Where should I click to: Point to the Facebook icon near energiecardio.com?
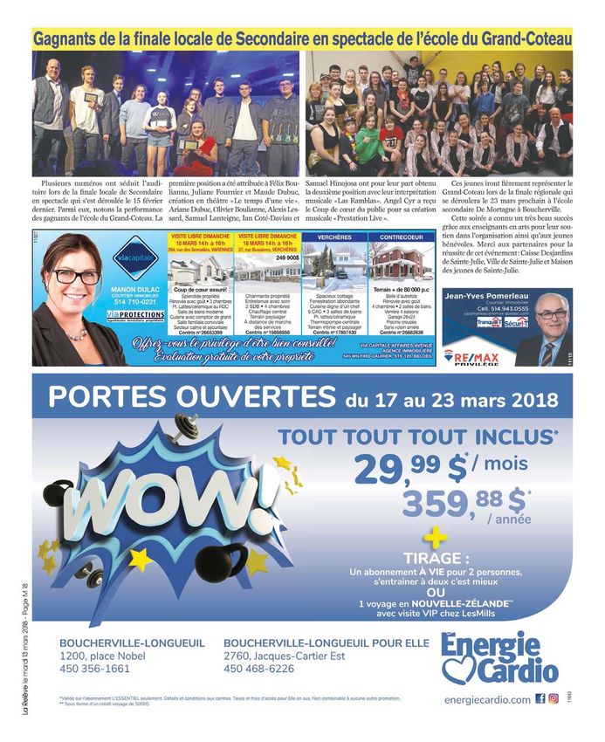(x=539, y=698)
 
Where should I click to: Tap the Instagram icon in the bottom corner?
(x=553, y=698)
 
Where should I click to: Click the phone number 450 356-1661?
(x=94, y=669)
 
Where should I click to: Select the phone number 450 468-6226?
(x=258, y=669)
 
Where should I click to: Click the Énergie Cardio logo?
(x=498, y=658)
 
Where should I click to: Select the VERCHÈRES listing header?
(x=333, y=237)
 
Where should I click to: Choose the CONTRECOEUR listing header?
(x=402, y=237)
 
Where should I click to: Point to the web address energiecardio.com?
(x=486, y=699)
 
